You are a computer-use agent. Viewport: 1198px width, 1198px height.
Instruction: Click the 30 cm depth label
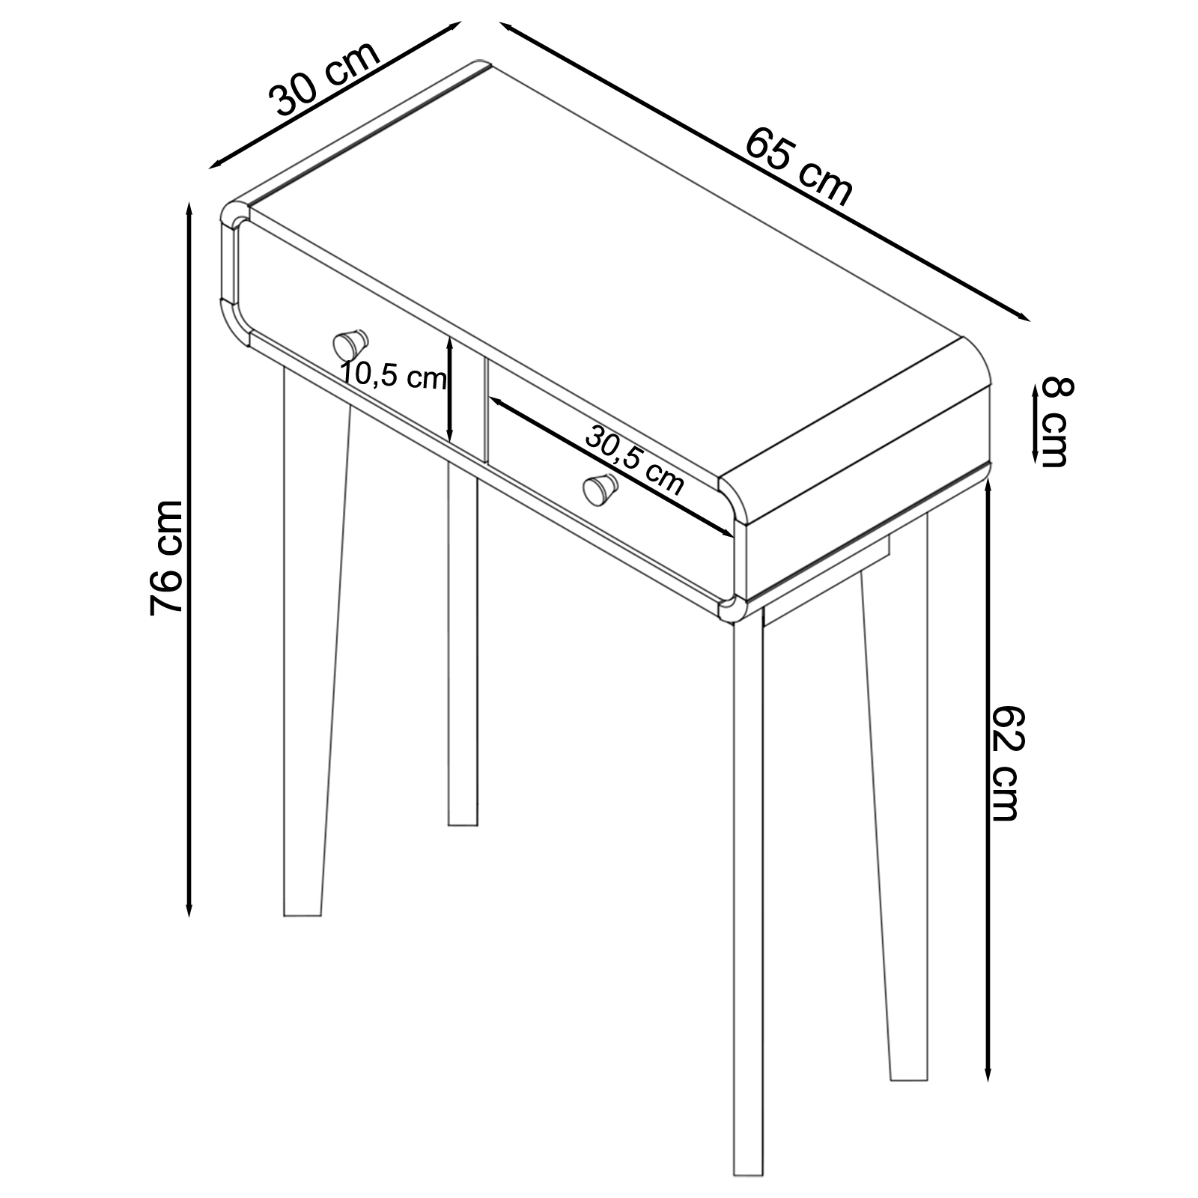pyautogui.click(x=324, y=79)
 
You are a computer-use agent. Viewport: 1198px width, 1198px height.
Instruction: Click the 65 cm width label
pyautogui.click(x=799, y=167)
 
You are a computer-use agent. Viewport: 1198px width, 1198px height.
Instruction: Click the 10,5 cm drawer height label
pyautogui.click(x=393, y=375)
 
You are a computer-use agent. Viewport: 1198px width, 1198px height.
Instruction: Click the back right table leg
pyautogui.click(x=896, y=794)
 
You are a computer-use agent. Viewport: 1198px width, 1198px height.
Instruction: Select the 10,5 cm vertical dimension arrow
pyautogui.click(x=449, y=389)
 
